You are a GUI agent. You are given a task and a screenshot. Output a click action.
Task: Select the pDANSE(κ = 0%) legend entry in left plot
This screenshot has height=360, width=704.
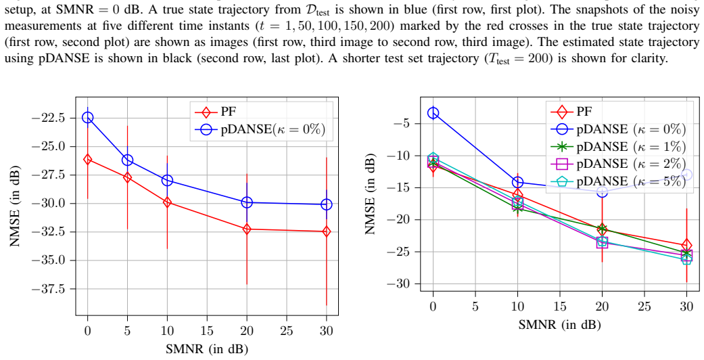260,129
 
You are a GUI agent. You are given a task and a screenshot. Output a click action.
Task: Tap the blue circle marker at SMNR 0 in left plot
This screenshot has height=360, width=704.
87,117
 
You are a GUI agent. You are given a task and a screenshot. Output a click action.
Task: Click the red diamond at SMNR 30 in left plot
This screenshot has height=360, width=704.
327,231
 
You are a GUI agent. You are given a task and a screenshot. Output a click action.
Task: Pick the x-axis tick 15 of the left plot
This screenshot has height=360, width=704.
207,331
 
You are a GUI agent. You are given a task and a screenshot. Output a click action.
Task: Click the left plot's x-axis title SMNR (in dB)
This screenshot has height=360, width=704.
207,349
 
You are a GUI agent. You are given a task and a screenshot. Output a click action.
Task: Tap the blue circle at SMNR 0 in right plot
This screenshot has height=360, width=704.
433,113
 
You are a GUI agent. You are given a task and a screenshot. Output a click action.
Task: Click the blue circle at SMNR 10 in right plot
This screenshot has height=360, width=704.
517,182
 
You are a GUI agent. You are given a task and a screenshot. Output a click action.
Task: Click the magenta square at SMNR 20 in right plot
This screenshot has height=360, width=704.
602,243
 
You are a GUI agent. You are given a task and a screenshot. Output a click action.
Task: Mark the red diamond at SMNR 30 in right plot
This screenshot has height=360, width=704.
686,246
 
